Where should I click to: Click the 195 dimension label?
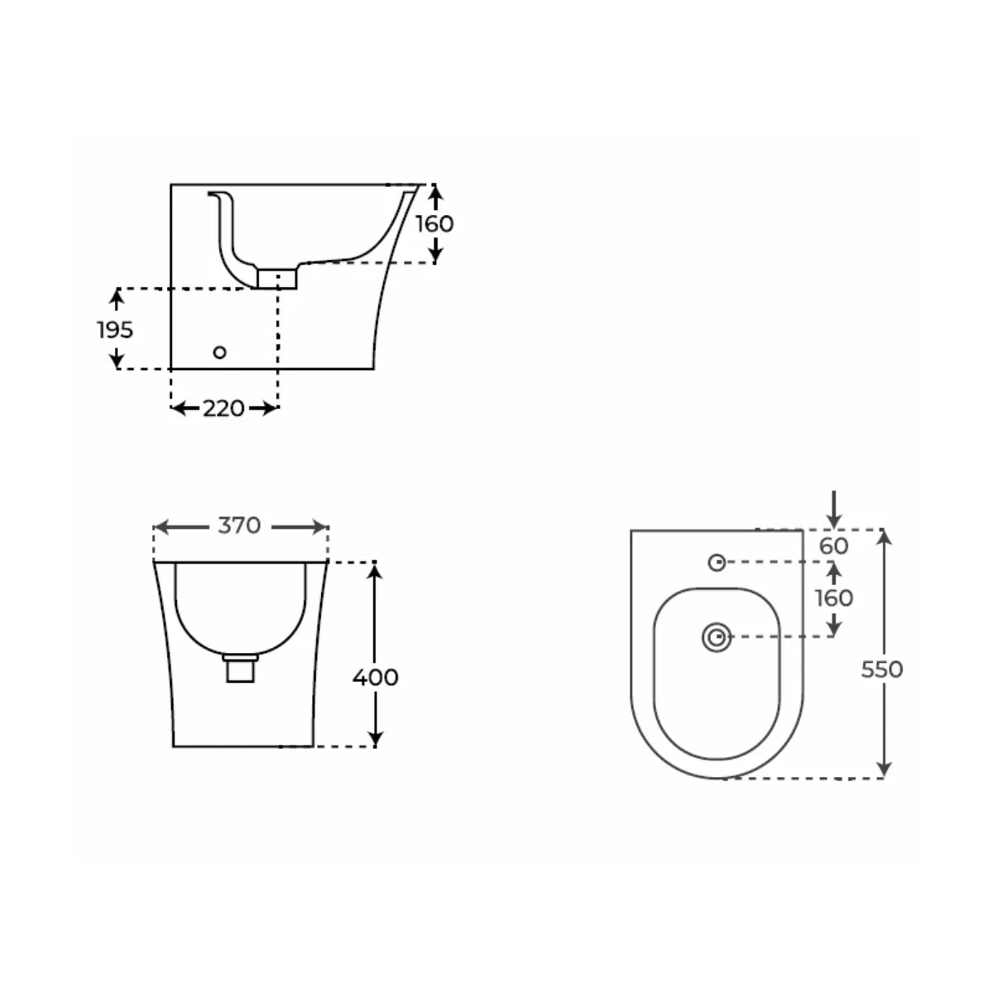(115, 329)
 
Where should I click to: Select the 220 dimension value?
(223, 408)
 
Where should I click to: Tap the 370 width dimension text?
(240, 525)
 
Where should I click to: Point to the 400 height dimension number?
(376, 678)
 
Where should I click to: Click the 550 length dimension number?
(882, 669)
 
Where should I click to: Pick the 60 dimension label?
(834, 546)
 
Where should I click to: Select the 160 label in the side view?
(434, 223)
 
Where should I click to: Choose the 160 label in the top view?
(834, 597)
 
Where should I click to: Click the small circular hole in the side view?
(219, 353)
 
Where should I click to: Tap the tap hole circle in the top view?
(717, 563)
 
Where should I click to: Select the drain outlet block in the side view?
(276, 278)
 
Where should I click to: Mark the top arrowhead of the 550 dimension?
(885, 539)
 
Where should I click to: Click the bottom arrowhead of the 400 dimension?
(376, 738)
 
